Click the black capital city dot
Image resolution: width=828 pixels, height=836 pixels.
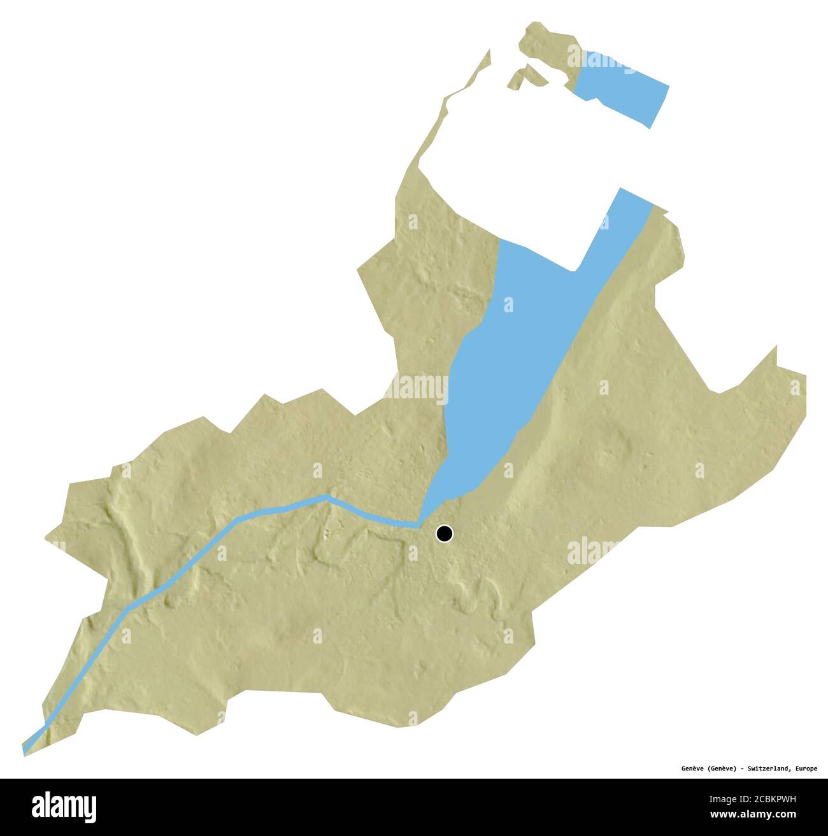point(444,533)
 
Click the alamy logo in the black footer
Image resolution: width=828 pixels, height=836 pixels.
point(64,805)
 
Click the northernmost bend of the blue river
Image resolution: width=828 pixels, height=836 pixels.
point(327,496)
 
